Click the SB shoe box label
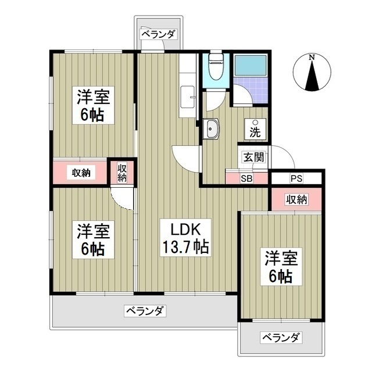(246, 178)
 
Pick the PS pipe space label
(296, 178)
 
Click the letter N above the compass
(312, 58)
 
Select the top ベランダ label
(158, 34)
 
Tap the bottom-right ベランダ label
(281, 338)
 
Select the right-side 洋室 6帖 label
(280, 266)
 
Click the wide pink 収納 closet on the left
(81, 173)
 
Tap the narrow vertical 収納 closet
(122, 173)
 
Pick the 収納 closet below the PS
(295, 199)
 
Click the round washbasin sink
(210, 128)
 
